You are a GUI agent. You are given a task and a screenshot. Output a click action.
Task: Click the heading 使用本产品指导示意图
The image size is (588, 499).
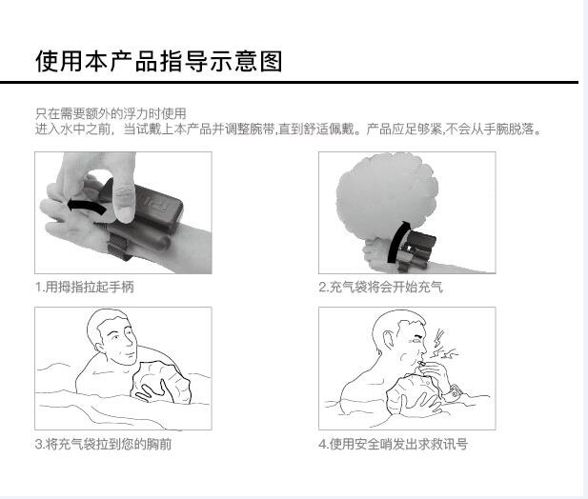click(158, 61)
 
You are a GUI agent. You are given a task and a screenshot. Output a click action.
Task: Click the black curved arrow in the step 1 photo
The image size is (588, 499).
click(87, 207)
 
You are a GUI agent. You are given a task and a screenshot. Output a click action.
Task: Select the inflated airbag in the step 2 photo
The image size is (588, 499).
click(386, 197)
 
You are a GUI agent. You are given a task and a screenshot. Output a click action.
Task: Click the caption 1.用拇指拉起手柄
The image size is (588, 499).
click(85, 288)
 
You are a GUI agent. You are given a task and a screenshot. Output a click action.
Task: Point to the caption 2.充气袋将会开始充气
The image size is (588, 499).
click(380, 288)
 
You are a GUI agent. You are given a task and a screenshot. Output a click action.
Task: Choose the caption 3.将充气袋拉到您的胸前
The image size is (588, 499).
click(103, 445)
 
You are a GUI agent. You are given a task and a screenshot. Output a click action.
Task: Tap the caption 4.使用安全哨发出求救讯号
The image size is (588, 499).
click(393, 445)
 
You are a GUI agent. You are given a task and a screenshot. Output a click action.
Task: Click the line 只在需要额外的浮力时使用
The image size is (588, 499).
click(111, 113)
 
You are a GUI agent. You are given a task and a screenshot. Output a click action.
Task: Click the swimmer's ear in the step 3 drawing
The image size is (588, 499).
click(100, 348)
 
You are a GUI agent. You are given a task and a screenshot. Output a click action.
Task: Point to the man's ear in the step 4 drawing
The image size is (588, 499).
click(389, 340)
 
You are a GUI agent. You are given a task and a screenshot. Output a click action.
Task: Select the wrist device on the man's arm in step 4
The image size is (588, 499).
click(456, 392)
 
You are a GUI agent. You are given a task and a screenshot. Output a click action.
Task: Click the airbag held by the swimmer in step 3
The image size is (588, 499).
click(160, 383)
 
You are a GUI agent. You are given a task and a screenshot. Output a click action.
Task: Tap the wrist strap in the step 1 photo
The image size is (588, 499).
click(118, 246)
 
